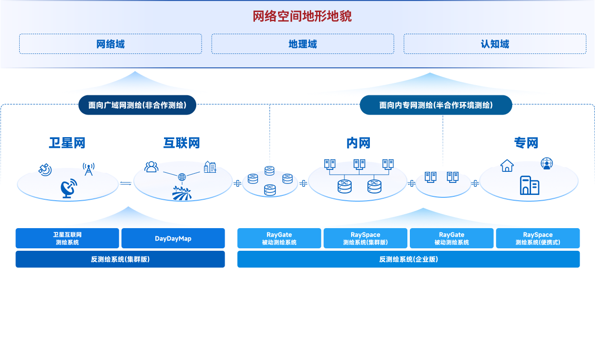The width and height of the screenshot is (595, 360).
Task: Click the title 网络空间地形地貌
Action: pos(302,16)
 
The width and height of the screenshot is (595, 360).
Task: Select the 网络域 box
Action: pos(110,44)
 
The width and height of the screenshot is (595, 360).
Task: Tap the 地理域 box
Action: pos(303,44)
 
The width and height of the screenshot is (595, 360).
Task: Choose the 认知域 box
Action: pos(494,44)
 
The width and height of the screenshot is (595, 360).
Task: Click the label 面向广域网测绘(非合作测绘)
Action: pos(137,105)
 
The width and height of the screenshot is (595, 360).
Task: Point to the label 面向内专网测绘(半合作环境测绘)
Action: pos(436,105)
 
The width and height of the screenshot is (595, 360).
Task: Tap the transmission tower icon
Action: pos(88,170)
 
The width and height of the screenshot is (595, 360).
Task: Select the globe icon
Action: pos(182,177)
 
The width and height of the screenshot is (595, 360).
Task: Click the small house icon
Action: pos(507,167)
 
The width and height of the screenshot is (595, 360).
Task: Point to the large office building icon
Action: pos(529,185)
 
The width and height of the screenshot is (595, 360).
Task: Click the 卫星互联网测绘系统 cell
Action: pos(67,238)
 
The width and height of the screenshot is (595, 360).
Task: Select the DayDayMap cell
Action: pos(173,238)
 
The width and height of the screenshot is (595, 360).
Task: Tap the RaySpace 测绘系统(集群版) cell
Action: pos(365,238)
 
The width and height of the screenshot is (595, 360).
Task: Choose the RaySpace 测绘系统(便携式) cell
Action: pos(537,238)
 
